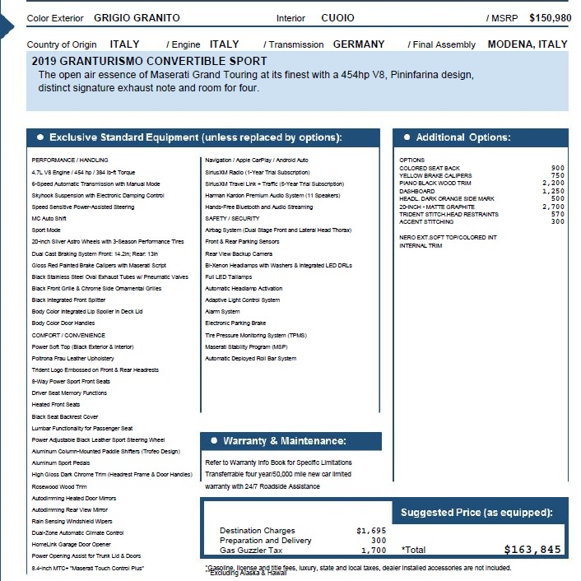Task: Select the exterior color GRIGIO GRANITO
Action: point(137,18)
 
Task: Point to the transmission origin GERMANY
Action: point(359,44)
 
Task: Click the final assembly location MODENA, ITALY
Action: point(528,44)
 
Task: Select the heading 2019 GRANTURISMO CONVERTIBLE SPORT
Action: point(149,62)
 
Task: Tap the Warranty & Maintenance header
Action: point(284,441)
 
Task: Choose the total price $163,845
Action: point(532,550)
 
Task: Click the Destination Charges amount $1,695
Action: point(371,531)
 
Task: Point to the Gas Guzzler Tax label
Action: point(251,550)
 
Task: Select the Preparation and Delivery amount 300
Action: point(379,541)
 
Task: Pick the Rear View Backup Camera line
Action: point(239,253)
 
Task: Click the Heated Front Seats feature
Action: point(57,405)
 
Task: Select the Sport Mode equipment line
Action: point(46,230)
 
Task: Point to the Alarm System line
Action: point(222,312)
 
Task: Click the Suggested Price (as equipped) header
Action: point(476,513)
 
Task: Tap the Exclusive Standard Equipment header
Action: point(195,137)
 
